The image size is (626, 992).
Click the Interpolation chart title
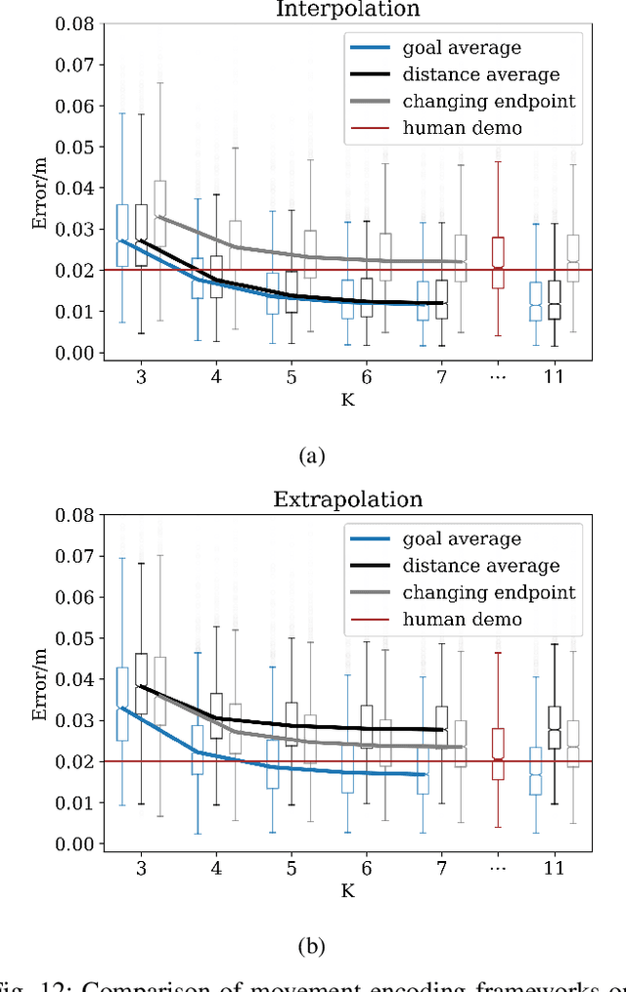pos(348,9)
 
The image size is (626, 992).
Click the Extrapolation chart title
pos(348,499)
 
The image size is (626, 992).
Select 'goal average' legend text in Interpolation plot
pos(462,48)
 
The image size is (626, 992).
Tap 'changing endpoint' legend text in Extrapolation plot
pos(488,592)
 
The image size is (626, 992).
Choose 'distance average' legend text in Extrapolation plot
pos(481,566)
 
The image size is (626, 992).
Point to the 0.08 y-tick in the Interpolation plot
pos(76,23)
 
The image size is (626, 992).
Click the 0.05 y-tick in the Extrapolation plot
pos(76,638)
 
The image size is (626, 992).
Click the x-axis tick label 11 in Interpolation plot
pos(554,377)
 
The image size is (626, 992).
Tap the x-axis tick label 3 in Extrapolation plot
pos(141,868)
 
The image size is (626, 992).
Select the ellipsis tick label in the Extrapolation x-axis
pos(498,868)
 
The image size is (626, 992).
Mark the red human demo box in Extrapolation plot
pos(498,754)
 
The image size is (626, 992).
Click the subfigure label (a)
pos(311,454)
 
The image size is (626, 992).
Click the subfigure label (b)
pos(311,945)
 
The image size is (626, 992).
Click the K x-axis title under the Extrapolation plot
pos(347,890)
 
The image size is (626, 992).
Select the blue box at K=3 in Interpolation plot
pos(122,235)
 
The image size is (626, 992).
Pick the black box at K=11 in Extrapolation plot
pos(555,727)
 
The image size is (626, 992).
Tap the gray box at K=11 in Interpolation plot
pos(573,258)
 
